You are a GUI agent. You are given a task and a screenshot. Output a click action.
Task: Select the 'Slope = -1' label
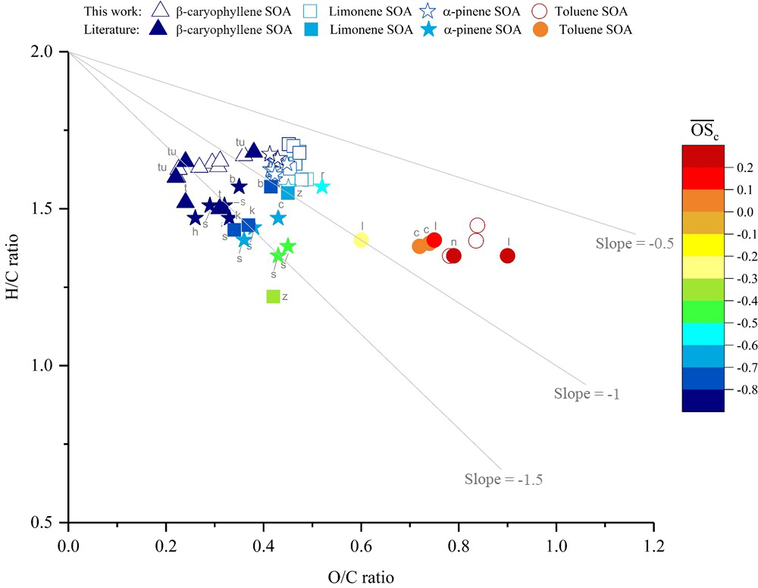click(587, 393)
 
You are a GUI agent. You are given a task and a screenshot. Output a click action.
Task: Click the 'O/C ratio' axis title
click(361, 577)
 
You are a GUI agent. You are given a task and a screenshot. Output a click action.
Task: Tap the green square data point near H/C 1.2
click(274, 296)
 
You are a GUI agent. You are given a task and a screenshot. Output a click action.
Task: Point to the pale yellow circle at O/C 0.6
click(362, 239)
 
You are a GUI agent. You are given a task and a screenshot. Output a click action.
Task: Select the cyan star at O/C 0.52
click(321, 186)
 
